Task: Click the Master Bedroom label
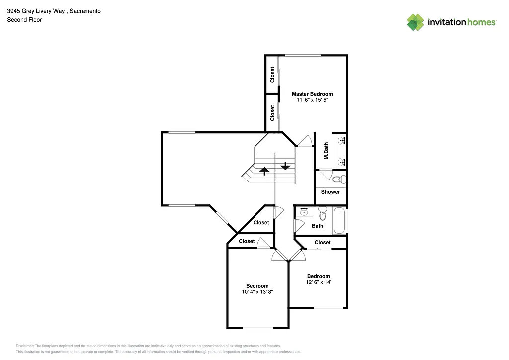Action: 312,94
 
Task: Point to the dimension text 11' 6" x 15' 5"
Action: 312,100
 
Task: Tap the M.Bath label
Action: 326,151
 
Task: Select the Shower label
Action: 330,192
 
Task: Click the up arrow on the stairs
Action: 264,171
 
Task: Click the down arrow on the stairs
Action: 285,166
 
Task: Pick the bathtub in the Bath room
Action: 339,220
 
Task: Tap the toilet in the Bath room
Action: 322,214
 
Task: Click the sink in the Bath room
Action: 304,212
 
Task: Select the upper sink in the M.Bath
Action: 341,141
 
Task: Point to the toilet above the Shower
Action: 338,179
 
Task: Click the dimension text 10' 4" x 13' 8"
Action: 257,292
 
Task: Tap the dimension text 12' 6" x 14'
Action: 318,282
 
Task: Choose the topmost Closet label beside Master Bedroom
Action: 272,75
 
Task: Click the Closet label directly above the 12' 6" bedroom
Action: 323,243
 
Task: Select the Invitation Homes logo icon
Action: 415,22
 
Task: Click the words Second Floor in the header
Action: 24,20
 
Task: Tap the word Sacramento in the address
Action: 85,10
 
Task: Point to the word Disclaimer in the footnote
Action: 25,346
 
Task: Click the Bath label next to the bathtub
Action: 317,226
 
